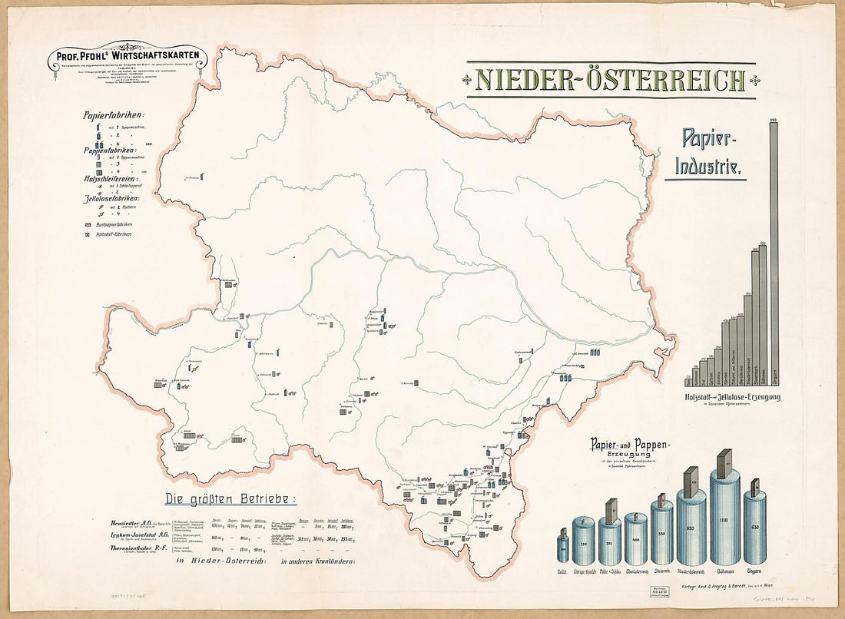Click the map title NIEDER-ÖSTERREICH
(x=611, y=79)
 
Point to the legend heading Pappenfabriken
(x=112, y=151)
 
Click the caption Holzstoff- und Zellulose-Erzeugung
(x=731, y=397)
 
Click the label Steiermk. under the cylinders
(x=661, y=572)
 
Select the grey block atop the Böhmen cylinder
(x=724, y=463)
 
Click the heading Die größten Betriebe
(x=230, y=498)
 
